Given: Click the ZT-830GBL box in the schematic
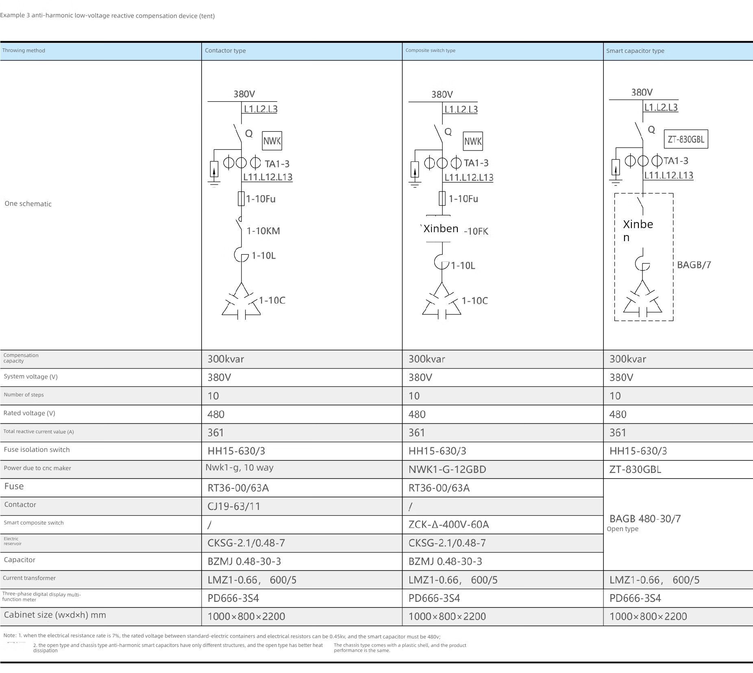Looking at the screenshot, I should pyautogui.click(x=686, y=139).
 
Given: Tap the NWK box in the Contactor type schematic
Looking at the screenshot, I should pyautogui.click(x=272, y=141).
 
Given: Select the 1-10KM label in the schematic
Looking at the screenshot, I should pyautogui.click(x=263, y=231).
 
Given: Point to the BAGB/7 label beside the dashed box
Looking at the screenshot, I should pyautogui.click(x=694, y=265).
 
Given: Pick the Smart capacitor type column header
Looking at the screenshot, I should pyautogui.click(x=635, y=51).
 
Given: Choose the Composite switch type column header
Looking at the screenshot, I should pyautogui.click(x=430, y=50).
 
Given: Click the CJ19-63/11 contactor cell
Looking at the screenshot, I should pyautogui.click(x=234, y=506).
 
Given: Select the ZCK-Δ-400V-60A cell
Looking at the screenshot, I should pyautogui.click(x=448, y=525).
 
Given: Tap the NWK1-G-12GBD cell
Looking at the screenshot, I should pyautogui.click(x=447, y=469).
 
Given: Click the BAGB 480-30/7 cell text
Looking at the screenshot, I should pyautogui.click(x=645, y=518).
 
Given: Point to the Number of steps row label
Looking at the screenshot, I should pyautogui.click(x=24, y=395).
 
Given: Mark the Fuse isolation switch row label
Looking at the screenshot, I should pyautogui.click(x=37, y=450).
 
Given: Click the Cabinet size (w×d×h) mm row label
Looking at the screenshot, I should pyautogui.click(x=55, y=615).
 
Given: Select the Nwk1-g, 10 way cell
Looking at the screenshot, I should pyautogui.click(x=239, y=468).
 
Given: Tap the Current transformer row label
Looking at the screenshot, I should pyautogui.click(x=29, y=578).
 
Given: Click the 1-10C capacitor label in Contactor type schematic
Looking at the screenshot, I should pyautogui.click(x=272, y=301).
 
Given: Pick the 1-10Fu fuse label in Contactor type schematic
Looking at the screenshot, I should pyautogui.click(x=261, y=199).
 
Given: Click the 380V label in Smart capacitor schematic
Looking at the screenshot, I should pyautogui.click(x=642, y=92).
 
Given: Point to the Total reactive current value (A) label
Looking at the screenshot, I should pyautogui.click(x=39, y=432).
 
